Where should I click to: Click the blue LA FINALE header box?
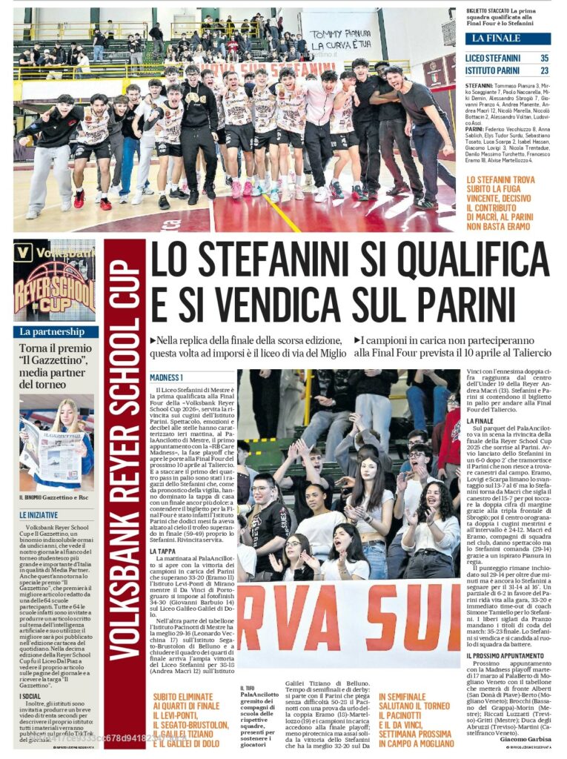[x=508, y=38]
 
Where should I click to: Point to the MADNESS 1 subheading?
[x=167, y=377]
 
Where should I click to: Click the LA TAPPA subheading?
[x=163, y=551]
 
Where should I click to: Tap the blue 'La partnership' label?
[x=52, y=332]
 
